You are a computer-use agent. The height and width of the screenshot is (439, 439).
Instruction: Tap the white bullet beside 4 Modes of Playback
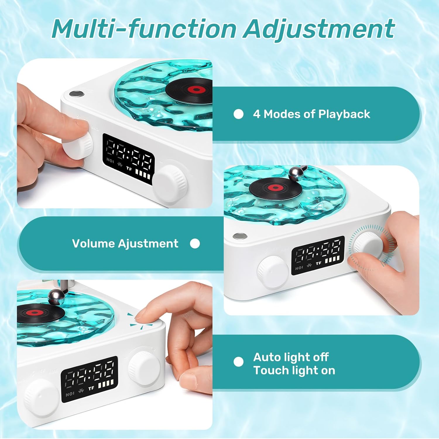coord(239,114)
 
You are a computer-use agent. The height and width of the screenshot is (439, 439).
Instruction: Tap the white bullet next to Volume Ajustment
coord(195,243)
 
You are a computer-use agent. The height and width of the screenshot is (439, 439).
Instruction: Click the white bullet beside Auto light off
coord(239,362)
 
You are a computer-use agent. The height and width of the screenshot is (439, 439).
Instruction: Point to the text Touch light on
coord(294,371)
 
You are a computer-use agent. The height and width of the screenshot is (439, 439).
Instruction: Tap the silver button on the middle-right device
coord(240,236)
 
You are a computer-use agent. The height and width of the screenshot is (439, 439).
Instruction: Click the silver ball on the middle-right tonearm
coord(294,174)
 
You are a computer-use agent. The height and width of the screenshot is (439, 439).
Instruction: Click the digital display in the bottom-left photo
coord(89,379)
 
